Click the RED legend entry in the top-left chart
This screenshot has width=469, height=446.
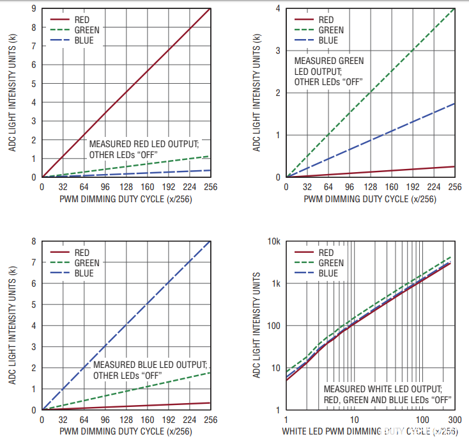(82, 19)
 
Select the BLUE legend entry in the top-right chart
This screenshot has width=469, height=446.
(328, 40)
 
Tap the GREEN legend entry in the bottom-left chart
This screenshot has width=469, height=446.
(87, 263)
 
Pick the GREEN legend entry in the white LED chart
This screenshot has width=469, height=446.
(331, 263)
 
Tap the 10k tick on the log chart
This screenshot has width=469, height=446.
(274, 241)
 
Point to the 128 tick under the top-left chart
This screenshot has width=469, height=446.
(126, 187)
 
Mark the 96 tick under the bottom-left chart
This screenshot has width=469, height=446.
(105, 420)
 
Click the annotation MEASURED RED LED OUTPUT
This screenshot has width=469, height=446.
(144, 143)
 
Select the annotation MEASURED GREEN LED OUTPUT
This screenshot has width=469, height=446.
(328, 61)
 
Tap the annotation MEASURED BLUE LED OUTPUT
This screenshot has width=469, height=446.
(150, 365)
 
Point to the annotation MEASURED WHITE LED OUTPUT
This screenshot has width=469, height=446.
(382, 389)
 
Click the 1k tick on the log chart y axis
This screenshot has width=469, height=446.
(275, 283)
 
